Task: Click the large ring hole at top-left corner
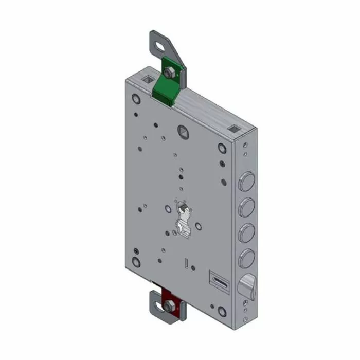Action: click(x=135, y=98)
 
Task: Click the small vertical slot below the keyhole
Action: click(x=184, y=263)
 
